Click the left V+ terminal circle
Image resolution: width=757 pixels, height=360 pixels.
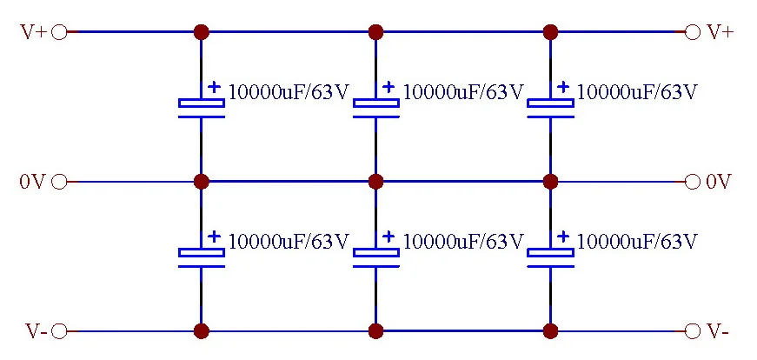(59, 32)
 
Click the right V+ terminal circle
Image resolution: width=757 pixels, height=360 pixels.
(693, 32)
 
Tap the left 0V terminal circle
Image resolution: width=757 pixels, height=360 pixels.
(59, 182)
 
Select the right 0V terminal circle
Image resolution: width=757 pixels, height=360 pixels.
(693, 182)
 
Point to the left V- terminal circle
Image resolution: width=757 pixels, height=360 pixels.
(59, 331)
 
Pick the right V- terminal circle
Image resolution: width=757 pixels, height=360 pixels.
(693, 331)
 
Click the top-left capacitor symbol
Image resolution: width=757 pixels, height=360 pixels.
(202, 106)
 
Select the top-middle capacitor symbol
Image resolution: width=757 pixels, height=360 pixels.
(375, 106)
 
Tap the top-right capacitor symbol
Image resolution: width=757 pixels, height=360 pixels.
(550, 106)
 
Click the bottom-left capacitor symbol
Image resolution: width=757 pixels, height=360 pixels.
(202, 256)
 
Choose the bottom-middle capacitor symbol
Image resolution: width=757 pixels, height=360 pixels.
(375, 256)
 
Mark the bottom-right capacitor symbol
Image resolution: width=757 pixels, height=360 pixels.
(550, 256)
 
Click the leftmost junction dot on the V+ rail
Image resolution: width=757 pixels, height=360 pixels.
(202, 32)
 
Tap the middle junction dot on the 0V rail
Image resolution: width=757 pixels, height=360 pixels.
(375, 182)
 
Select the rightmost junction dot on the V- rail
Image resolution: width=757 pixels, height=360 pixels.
(550, 331)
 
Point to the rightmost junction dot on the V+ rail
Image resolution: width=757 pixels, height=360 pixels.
(550, 32)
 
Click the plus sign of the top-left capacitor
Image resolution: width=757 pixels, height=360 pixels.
(214, 87)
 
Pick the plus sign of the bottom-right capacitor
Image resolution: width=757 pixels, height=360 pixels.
(563, 237)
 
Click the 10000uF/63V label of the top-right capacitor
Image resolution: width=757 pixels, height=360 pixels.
(637, 91)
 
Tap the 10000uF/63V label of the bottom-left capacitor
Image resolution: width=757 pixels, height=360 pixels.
(289, 241)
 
